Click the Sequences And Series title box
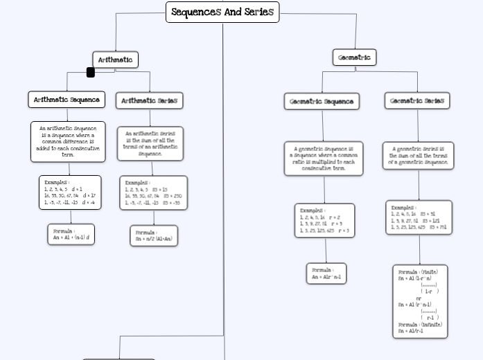point(222,12)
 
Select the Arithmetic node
point(115,60)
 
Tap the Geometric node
point(353,57)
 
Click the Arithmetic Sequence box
point(67,100)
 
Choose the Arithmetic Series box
point(149,100)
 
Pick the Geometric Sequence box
point(321,101)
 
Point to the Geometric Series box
point(417,100)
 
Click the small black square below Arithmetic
point(90,72)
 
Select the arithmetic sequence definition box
point(68,141)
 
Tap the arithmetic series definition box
point(150,143)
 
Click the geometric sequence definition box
point(323,159)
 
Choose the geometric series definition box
point(418,156)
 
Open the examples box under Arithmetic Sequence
point(70,192)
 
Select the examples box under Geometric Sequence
point(324,220)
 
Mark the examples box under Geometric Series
point(419,217)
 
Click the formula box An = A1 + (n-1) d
point(71,234)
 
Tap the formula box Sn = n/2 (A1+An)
point(153,235)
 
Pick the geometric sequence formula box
point(326,273)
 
